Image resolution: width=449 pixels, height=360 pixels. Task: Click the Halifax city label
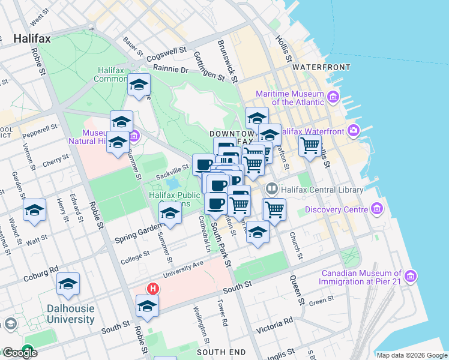pos(32,38)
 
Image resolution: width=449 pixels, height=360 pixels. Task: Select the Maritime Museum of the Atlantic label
pos(289,98)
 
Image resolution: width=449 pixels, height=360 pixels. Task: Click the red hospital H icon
pos(153,289)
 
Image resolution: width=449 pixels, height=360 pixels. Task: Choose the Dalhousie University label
pos(71,314)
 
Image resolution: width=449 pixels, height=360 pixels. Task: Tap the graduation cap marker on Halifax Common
pos(139,85)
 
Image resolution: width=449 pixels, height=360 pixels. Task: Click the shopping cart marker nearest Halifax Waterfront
pos(310,145)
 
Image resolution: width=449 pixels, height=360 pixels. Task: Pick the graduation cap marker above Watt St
pos(34,211)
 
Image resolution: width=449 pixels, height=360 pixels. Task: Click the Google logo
pos(20,353)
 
